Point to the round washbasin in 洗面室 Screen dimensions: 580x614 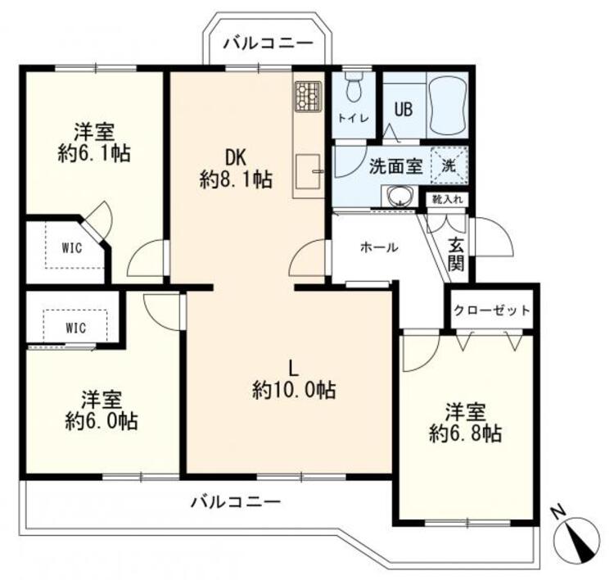(400, 196)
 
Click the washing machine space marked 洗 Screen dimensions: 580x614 (449, 163)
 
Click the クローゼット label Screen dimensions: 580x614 (492, 311)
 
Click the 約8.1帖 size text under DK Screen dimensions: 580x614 (237, 180)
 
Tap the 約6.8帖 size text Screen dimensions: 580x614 (466, 433)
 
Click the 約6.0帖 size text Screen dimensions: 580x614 (102, 422)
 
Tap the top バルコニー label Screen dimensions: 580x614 (268, 42)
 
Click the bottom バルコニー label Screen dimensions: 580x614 (236, 501)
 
